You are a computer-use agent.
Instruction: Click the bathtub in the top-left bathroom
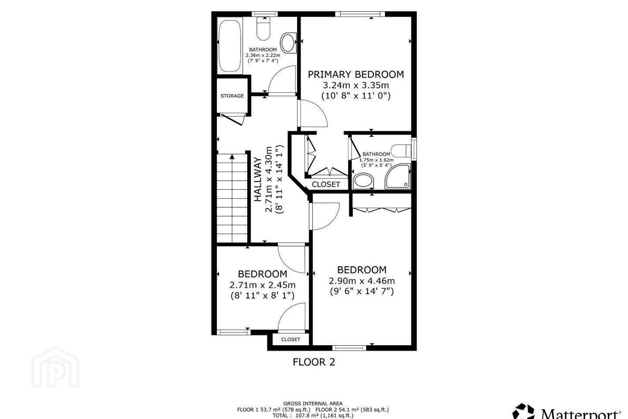(x=230, y=46)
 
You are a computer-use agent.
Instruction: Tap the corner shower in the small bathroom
(x=398, y=176)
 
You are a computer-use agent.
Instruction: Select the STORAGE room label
(x=232, y=96)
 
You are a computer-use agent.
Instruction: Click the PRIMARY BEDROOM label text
(x=356, y=74)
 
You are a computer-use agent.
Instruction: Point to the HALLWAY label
(x=258, y=179)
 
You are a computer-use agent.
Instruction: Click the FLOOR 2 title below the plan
(x=314, y=362)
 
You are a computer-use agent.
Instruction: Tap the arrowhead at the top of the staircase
(x=232, y=157)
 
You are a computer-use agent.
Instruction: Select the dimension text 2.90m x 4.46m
(x=362, y=281)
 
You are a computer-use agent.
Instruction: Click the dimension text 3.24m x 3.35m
(x=356, y=85)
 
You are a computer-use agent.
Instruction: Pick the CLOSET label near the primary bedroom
(x=326, y=184)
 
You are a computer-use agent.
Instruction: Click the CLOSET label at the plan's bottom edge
(x=291, y=339)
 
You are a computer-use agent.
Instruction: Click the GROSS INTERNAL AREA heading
(x=313, y=404)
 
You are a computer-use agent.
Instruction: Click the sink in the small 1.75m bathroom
(x=364, y=181)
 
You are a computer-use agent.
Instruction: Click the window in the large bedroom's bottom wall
(x=349, y=348)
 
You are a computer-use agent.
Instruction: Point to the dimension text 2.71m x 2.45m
(x=263, y=285)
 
